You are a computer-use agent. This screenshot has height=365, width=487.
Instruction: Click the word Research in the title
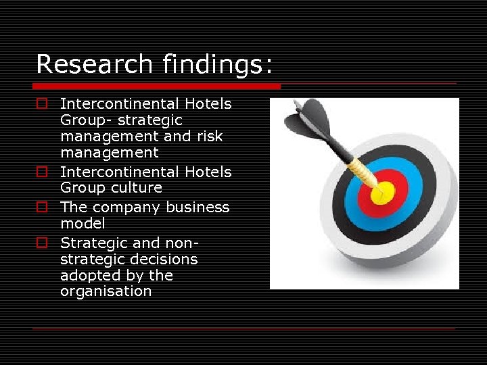[95, 65]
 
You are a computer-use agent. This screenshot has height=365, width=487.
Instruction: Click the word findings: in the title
[218, 65]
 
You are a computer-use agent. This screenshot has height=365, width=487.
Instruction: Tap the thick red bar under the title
[157, 86]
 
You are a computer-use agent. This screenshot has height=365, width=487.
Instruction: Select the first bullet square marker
[42, 104]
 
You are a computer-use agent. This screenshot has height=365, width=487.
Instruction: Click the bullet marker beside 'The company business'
[42, 208]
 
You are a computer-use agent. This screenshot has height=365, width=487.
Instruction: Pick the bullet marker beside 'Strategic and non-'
[42, 243]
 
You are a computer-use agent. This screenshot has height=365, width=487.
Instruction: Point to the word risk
[209, 137]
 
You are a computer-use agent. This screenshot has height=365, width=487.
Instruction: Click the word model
[83, 224]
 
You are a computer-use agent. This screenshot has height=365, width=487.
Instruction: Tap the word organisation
[106, 292]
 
